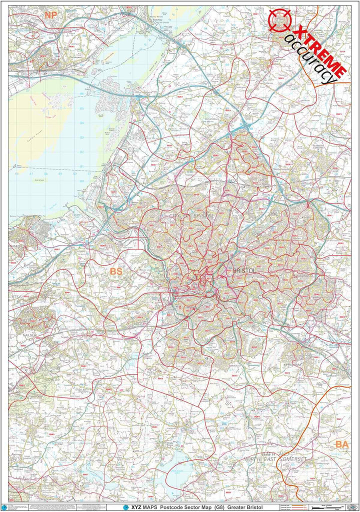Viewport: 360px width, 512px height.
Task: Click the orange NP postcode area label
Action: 50,15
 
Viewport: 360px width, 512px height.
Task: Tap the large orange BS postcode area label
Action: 116,271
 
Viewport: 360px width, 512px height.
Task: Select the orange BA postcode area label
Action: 342,444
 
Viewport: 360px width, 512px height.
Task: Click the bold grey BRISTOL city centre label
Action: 244,270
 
